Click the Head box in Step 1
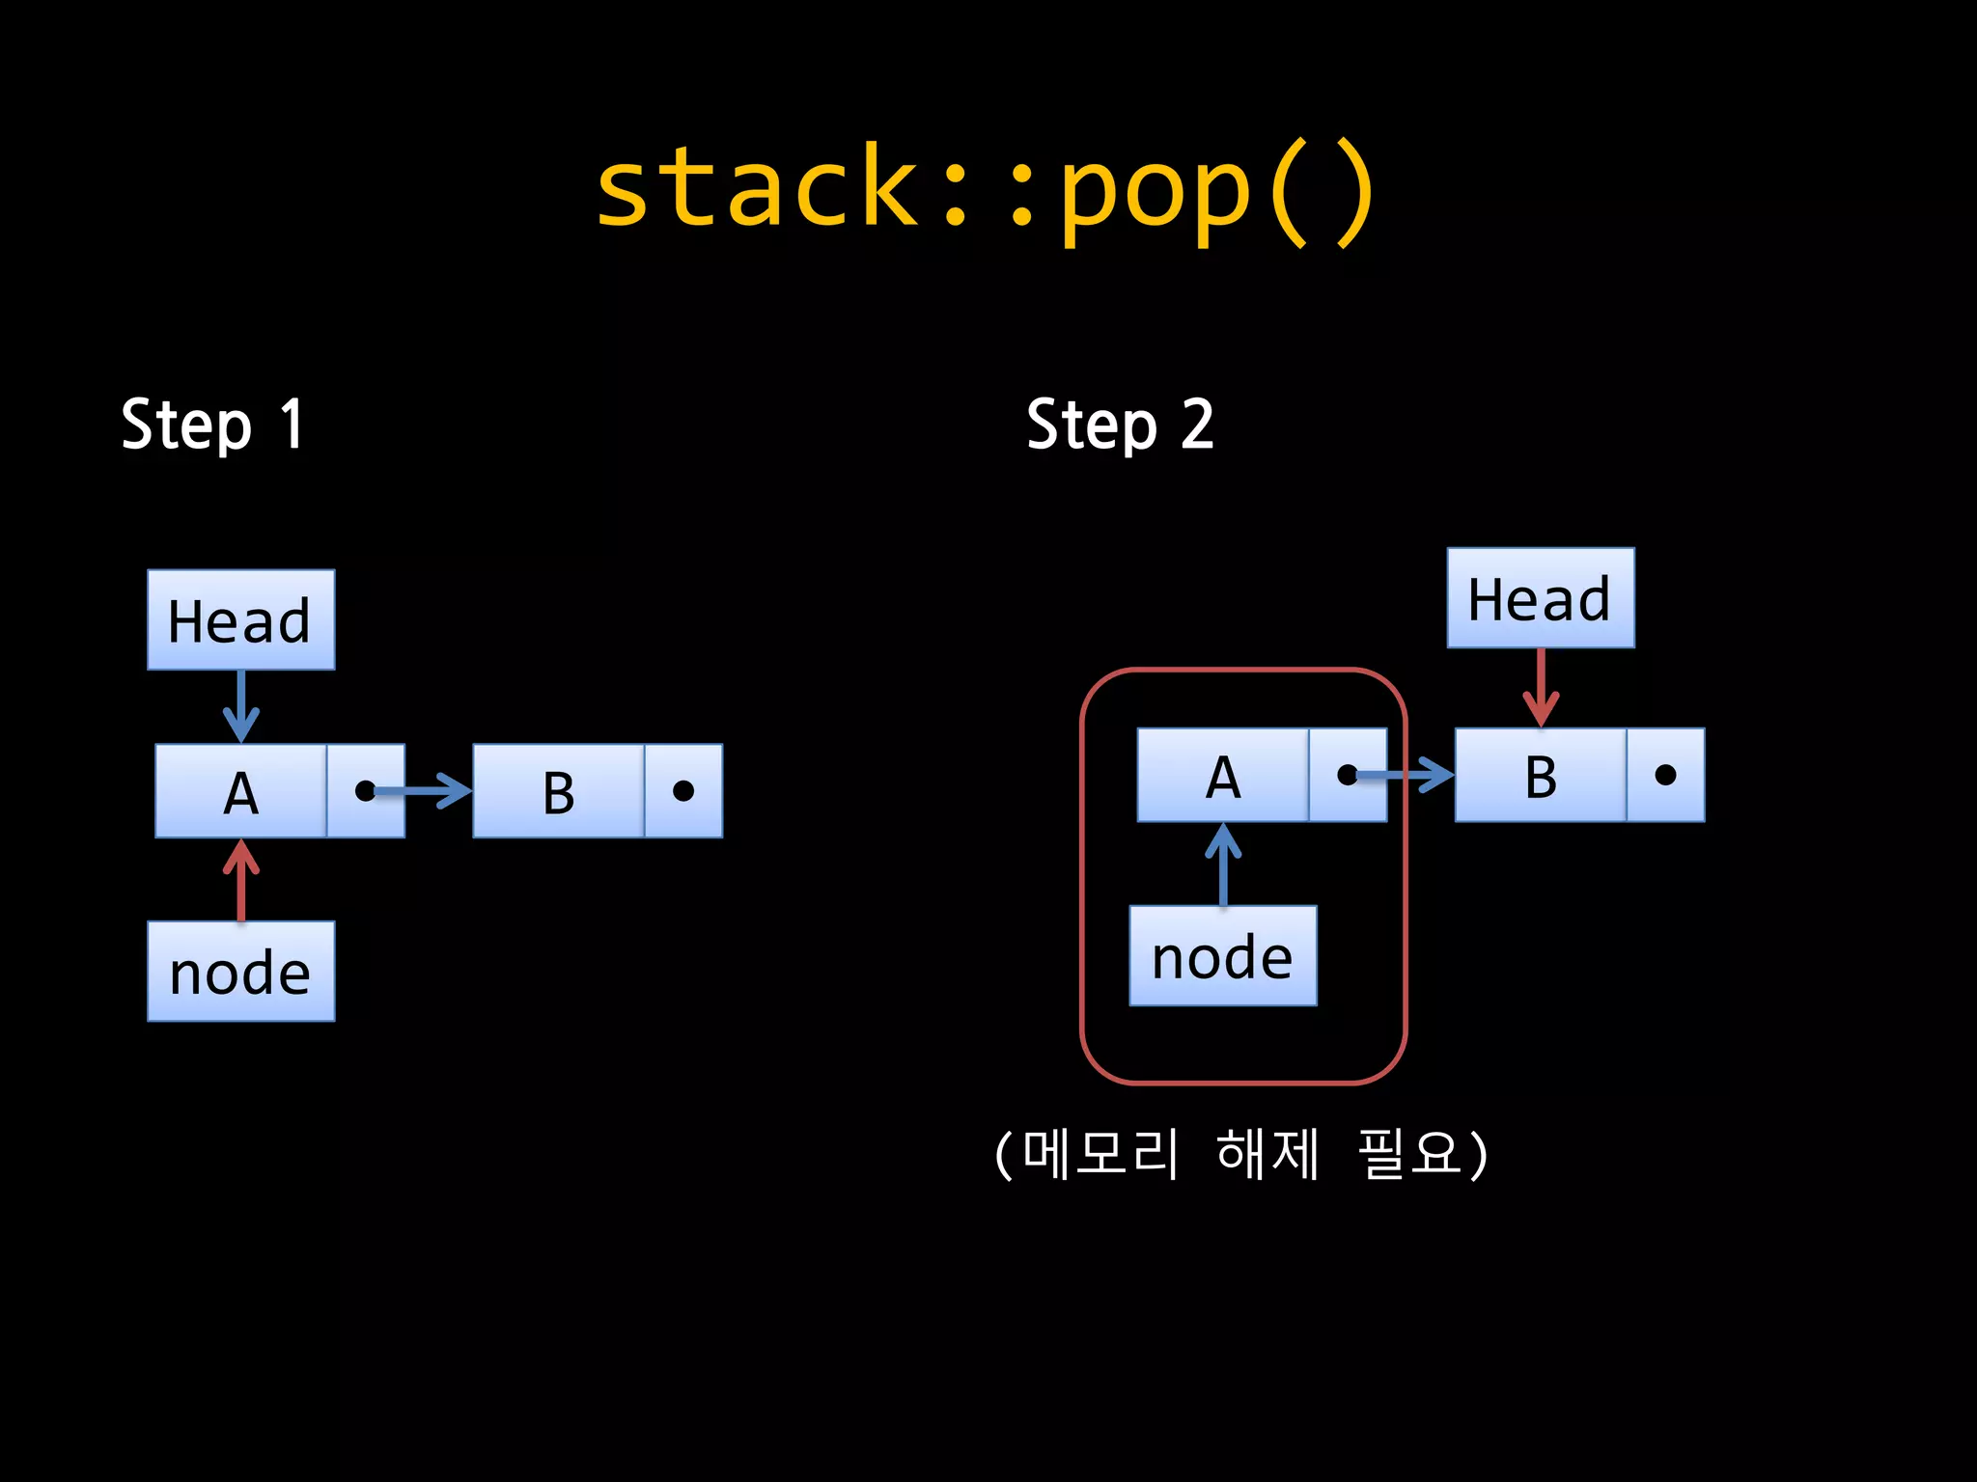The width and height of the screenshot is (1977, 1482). [241, 619]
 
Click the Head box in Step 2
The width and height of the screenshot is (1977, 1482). [1541, 598]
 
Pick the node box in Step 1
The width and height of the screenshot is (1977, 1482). [241, 972]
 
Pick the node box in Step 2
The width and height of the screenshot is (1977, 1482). [1223, 956]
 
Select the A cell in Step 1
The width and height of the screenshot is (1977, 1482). [241, 792]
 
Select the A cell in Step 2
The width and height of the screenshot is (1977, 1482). [1223, 776]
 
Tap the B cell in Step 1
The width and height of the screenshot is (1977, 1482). [558, 792]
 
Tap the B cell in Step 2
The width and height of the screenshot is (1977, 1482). [1541, 776]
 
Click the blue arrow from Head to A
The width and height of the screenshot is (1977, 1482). [241, 706]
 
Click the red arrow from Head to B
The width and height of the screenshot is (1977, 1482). [1541, 687]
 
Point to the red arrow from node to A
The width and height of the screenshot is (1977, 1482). [241, 880]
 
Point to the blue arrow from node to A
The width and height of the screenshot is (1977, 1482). [1223, 864]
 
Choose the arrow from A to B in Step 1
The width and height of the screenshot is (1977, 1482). [425, 791]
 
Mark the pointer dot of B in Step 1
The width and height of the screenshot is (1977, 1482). [683, 792]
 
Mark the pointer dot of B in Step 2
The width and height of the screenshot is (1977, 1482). [1665, 775]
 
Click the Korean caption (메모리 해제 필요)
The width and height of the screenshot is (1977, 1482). [1241, 1154]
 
